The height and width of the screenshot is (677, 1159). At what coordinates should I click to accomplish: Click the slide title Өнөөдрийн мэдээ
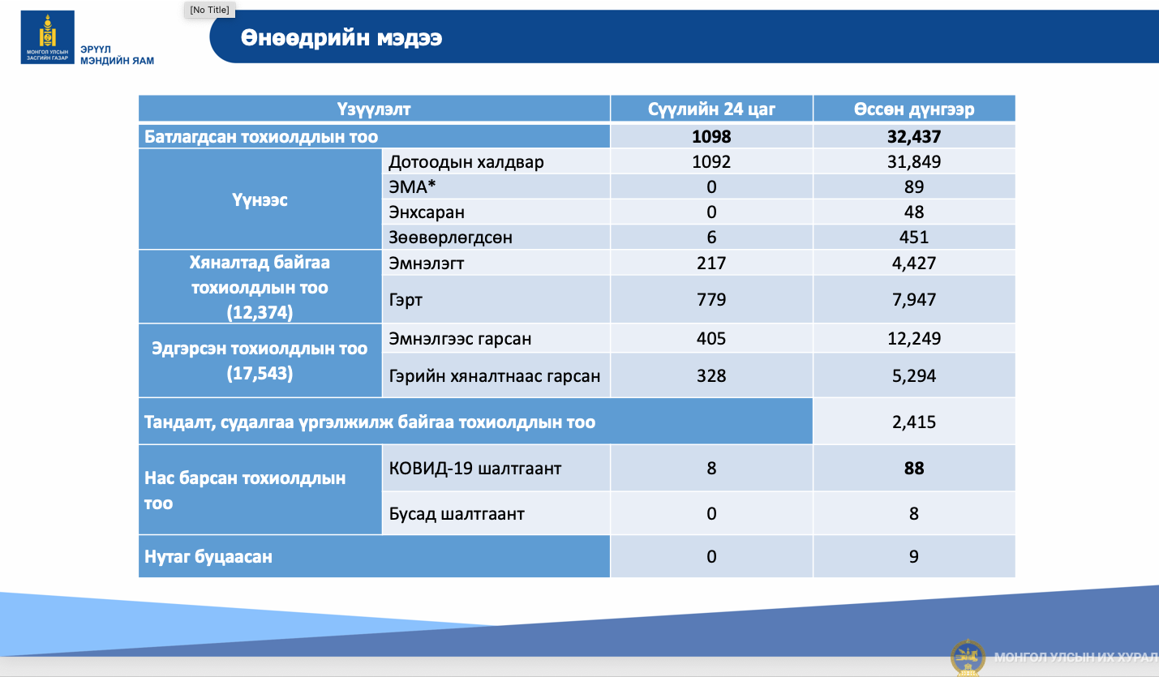[x=341, y=38]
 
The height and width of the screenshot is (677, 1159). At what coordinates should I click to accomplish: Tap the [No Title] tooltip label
[x=209, y=10]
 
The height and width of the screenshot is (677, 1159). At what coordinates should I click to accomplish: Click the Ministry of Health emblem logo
[x=48, y=37]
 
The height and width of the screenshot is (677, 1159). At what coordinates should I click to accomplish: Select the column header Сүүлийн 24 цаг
[x=711, y=109]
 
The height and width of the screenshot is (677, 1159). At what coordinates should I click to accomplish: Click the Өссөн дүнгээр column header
[x=914, y=109]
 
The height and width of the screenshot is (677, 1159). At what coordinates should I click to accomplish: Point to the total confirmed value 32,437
[x=914, y=136]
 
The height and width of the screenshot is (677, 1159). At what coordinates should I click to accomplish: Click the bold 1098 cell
[x=711, y=136]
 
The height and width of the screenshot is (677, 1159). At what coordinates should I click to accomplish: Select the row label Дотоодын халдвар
[x=466, y=162]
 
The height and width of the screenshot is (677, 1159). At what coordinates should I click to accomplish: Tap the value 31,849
[x=914, y=162]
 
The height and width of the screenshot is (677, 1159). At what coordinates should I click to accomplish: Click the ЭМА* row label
[x=412, y=186]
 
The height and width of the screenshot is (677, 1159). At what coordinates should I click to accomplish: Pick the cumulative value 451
[x=914, y=238]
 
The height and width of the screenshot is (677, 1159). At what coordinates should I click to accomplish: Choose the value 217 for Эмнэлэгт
[x=711, y=264]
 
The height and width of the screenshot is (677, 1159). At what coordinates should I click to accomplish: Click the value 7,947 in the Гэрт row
[x=914, y=299]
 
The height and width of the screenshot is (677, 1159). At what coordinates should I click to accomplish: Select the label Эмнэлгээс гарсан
[x=460, y=339]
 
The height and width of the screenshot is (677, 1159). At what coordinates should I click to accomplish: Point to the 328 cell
[x=711, y=375]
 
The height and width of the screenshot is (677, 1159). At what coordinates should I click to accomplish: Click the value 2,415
[x=914, y=422]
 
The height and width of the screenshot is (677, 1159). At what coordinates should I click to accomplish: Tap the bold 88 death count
[x=914, y=468]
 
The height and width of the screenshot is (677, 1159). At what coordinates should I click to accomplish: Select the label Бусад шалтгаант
[x=457, y=513]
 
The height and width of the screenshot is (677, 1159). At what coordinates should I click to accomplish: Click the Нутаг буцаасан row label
[x=208, y=556]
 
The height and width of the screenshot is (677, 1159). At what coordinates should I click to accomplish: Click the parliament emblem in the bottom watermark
[x=968, y=658]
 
